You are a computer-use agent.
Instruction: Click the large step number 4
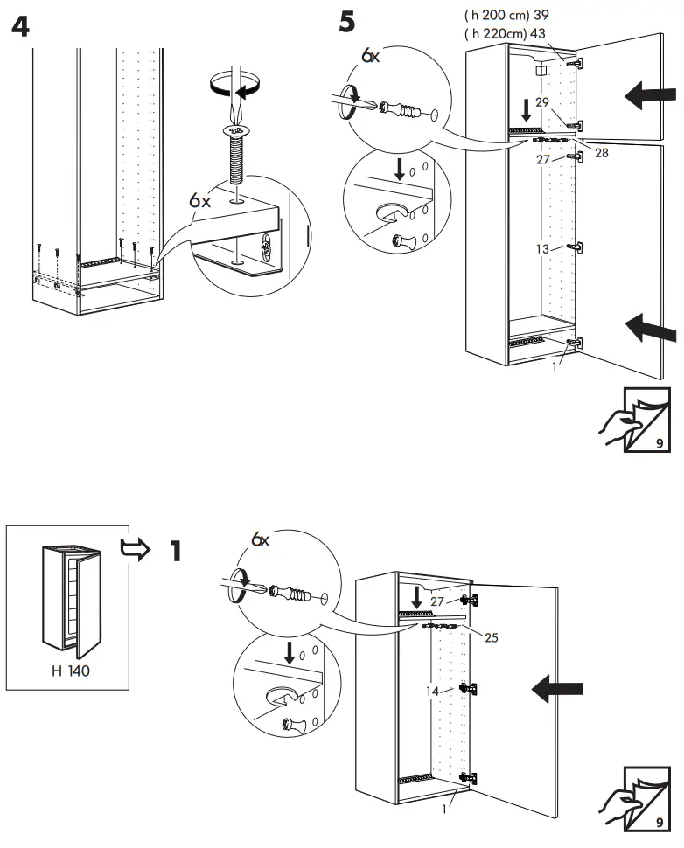point(18,26)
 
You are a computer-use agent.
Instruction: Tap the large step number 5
point(347,21)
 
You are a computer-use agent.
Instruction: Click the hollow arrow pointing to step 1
point(134,548)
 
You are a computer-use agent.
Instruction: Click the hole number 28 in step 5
point(601,153)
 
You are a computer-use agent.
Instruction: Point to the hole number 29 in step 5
point(541,103)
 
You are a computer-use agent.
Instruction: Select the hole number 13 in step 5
point(542,249)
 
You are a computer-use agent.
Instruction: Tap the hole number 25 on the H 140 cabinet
point(492,637)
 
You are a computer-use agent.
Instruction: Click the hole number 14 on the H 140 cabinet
point(432,691)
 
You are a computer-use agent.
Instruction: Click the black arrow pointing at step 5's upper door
point(651,96)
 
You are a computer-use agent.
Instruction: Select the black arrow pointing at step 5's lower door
point(651,329)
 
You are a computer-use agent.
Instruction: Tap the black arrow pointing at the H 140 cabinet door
point(559,691)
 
